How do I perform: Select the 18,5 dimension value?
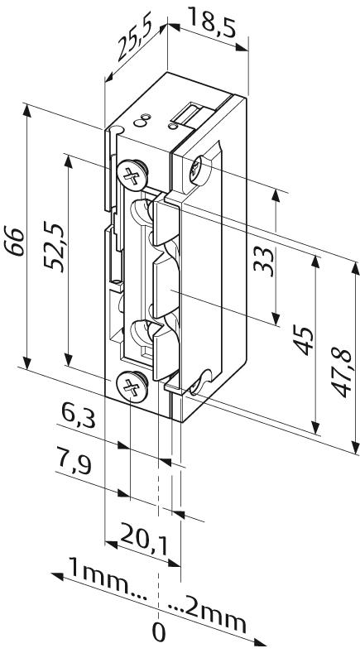click(x=212, y=22)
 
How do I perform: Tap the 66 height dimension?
click(x=14, y=241)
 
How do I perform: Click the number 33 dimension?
click(x=264, y=262)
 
